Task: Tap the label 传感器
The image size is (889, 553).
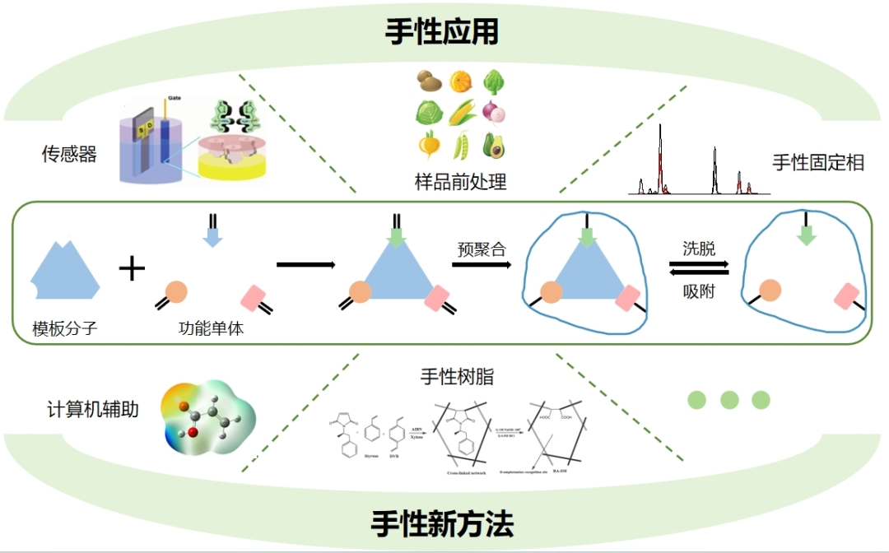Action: point(69,154)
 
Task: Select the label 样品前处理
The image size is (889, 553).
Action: point(460,182)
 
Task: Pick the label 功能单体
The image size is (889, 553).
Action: point(211,328)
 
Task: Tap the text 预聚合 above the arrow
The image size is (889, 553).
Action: point(482,249)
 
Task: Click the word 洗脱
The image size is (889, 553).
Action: point(699,249)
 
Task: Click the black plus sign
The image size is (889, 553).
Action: point(132,268)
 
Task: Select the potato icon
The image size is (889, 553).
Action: point(429,81)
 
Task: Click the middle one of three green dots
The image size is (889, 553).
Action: point(728,400)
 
